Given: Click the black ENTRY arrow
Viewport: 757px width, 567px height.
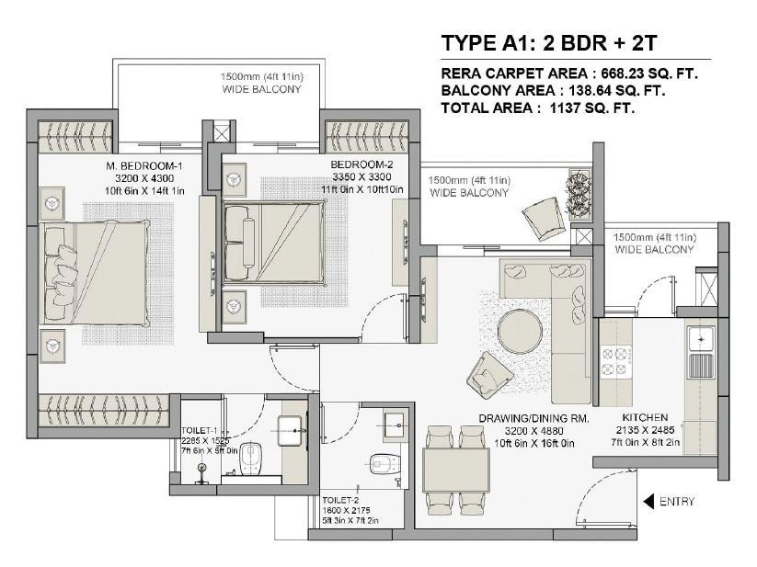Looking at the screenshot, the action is pos(648,502).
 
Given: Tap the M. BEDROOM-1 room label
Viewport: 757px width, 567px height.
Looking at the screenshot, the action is pos(144,166).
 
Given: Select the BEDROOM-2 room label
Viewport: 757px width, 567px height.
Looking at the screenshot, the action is pos(362,164).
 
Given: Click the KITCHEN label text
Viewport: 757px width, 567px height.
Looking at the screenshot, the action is pos(645,417).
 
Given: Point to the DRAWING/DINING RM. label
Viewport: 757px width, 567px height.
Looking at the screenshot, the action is pos(534,418).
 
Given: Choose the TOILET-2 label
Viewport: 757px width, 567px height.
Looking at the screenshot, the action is pos(340,501).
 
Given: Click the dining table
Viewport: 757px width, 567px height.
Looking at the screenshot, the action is pos(456,470).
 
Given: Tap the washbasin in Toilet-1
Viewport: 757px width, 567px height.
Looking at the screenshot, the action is pos(292,431).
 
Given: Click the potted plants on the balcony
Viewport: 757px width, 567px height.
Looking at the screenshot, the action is pos(579,194).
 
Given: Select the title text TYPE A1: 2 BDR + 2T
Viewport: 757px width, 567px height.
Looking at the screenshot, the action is pos(549,43).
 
